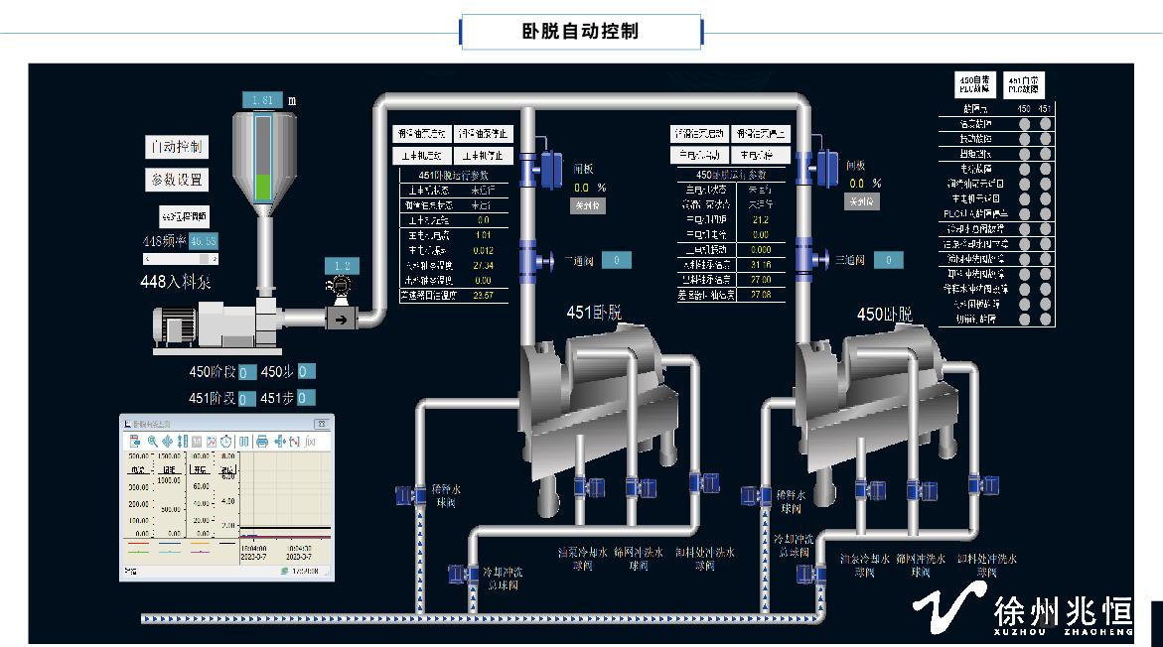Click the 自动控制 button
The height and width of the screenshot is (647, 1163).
click(x=178, y=148)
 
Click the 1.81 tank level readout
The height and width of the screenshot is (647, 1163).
click(x=262, y=100)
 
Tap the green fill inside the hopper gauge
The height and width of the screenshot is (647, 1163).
click(x=262, y=187)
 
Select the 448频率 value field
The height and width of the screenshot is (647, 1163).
click(x=204, y=241)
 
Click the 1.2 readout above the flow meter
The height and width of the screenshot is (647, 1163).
click(x=342, y=266)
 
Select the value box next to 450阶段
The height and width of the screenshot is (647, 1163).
click(x=247, y=373)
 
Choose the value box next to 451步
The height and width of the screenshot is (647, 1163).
click(x=306, y=398)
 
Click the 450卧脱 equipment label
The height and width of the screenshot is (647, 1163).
click(x=884, y=315)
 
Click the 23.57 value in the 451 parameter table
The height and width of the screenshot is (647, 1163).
click(x=484, y=295)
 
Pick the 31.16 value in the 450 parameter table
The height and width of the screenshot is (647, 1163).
click(x=762, y=265)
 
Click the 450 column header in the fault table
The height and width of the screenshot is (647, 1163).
click(x=1024, y=107)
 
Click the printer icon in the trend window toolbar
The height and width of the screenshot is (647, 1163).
click(x=262, y=441)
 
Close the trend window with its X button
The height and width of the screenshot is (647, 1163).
click(x=328, y=423)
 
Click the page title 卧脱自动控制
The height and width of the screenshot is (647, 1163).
click(x=581, y=32)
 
